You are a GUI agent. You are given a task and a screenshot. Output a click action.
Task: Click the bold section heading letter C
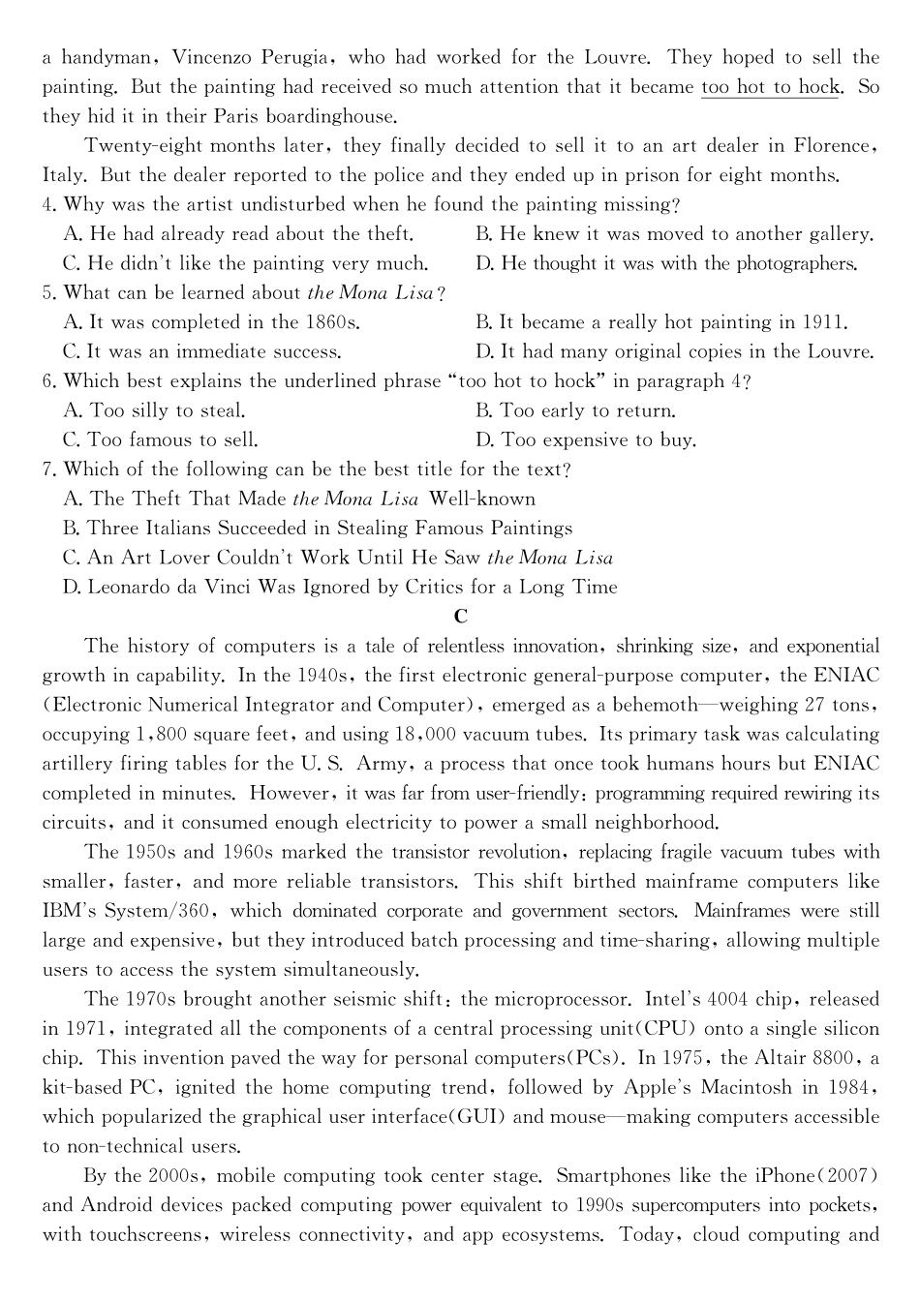coord(460,617)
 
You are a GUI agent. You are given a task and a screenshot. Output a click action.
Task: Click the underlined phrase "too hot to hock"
coord(770,87)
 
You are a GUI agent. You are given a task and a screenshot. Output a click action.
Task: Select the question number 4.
coord(48,205)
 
